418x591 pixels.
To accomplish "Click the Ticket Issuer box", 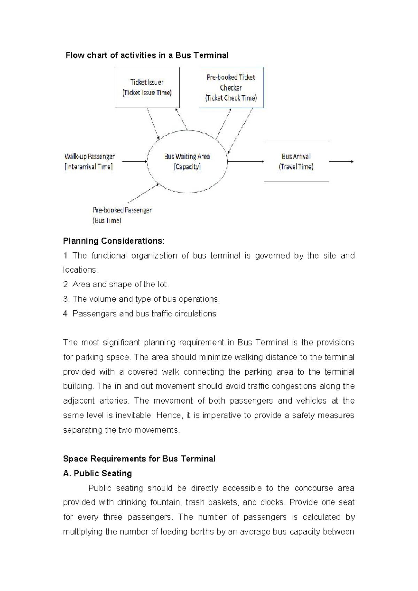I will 147,87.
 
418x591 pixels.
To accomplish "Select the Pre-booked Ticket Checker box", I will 231,87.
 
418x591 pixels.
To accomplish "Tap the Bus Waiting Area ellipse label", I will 187,161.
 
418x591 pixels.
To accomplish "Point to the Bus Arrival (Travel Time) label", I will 296,161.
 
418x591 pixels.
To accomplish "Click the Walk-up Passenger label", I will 89,161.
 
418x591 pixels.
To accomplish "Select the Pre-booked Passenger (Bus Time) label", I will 122,215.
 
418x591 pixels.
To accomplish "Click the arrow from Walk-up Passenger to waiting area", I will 134,161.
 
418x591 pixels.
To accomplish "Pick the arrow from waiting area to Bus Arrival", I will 246,161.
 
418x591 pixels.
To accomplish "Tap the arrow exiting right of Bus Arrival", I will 341,161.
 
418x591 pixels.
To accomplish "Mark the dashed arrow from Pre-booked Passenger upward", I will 144,193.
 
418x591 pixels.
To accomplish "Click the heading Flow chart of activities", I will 147,55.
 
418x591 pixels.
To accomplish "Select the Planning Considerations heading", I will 114,241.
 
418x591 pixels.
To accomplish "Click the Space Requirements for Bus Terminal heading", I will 139,459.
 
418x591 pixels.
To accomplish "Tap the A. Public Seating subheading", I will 98,473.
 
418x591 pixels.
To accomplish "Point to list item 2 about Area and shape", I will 116,284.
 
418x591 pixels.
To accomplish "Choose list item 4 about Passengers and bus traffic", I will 140,314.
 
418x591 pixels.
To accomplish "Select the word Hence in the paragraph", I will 169,415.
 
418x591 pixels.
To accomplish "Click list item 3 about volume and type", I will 141,299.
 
